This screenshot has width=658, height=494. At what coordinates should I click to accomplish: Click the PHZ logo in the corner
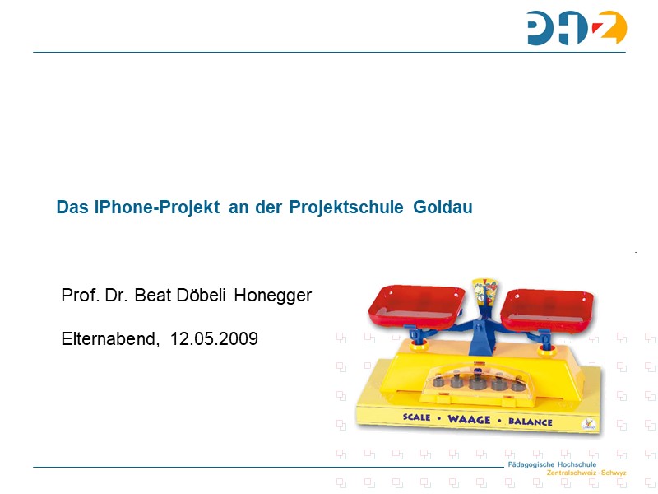[577, 28]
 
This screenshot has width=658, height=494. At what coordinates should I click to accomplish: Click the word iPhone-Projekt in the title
[157, 207]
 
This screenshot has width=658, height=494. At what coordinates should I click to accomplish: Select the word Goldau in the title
[443, 207]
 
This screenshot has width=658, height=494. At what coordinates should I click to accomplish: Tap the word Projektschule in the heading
[346, 207]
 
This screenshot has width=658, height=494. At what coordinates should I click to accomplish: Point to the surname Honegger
[273, 296]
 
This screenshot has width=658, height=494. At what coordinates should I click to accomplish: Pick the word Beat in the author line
[153, 296]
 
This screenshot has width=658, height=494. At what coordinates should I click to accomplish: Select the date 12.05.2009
[214, 338]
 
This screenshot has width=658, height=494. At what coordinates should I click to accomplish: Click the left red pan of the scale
[416, 306]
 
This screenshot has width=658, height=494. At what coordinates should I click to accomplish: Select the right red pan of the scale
[547, 310]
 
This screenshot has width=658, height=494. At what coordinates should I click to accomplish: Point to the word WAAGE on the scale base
[469, 419]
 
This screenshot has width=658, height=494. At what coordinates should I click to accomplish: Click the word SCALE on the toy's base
[417, 417]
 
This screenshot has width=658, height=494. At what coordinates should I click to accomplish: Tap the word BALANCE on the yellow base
[531, 422]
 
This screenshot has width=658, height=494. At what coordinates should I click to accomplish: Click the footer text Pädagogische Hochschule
[552, 464]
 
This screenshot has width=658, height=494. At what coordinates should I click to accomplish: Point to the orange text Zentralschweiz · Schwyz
[586, 473]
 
